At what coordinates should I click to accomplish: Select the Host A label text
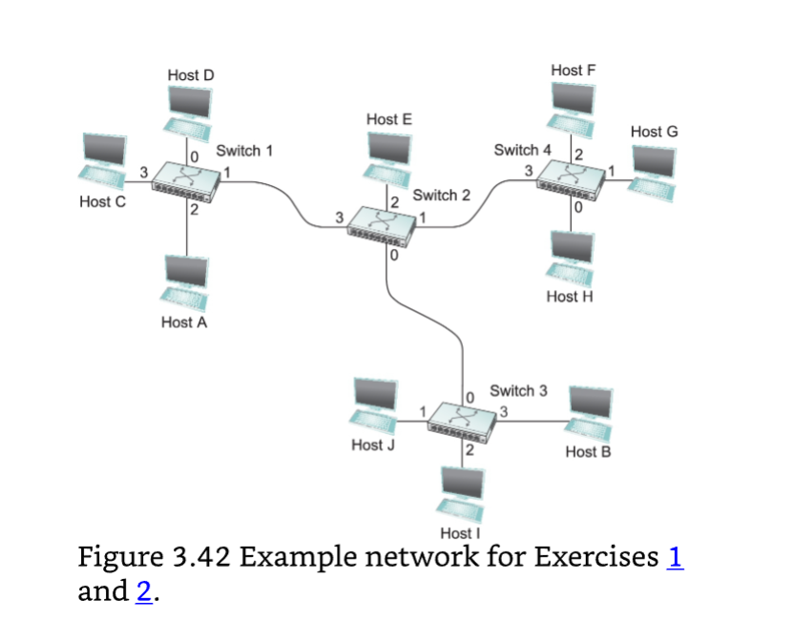pos(184,322)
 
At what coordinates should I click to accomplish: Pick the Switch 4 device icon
pos(572,178)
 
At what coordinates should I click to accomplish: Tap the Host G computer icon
pos(655,170)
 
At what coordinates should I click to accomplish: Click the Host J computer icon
pos(376,405)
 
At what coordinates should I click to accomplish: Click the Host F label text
pos(573,71)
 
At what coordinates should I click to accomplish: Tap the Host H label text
pos(570,297)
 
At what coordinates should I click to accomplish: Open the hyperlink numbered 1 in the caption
pos(676,557)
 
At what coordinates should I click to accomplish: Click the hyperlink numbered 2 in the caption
pos(143,591)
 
